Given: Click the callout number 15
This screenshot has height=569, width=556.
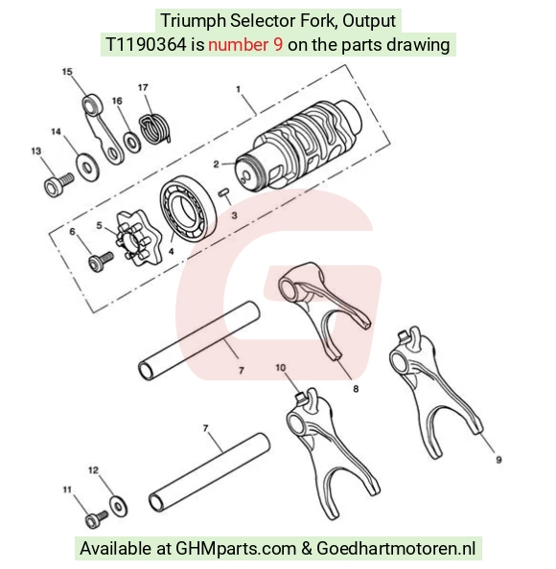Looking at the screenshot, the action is [67, 72].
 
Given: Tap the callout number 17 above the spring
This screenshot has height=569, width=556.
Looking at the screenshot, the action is [143, 87].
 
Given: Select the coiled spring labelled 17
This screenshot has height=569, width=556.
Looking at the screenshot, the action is [154, 128].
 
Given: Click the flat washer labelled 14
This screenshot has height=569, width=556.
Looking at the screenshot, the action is [87, 167].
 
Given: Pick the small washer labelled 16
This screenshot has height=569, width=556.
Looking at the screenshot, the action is [132, 142].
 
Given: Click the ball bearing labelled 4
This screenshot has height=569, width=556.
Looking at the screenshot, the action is [188, 209].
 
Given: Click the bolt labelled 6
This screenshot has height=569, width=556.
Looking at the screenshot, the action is [101, 262].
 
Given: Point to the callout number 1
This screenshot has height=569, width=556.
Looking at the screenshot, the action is [239, 89].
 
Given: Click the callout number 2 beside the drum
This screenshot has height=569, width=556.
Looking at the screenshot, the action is [216, 164].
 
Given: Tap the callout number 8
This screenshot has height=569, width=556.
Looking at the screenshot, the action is [356, 389].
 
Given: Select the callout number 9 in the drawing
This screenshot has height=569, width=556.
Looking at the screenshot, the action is [498, 460].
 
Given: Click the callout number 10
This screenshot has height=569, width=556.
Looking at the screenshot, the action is [280, 368].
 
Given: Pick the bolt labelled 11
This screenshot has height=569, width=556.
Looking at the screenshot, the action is [96, 519].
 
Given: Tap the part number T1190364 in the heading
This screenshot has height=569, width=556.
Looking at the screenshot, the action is [146, 45].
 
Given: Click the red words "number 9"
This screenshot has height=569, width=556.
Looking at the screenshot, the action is [245, 45].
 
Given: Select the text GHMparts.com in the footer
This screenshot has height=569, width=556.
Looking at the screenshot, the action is [236, 548].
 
